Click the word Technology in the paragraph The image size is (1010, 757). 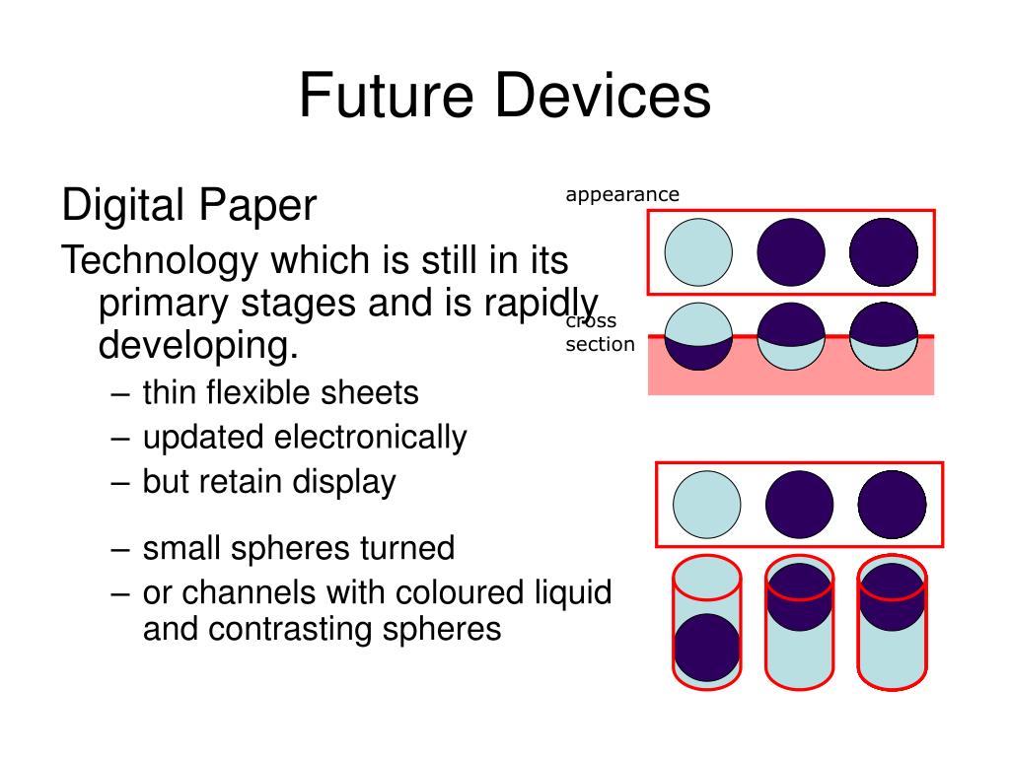159,260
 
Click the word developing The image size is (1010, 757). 197,346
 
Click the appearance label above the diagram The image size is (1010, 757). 622,195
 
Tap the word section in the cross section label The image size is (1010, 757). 600,345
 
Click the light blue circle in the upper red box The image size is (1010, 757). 698,252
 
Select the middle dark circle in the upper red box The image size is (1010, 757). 791,252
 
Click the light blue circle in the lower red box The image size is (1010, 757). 707,505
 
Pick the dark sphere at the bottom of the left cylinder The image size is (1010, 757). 706,648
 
